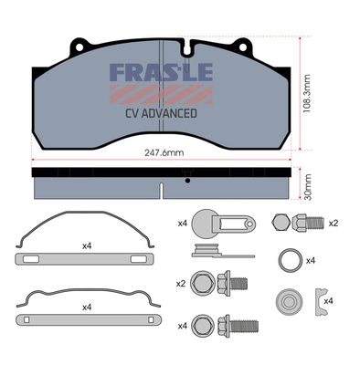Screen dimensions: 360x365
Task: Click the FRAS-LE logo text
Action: [x=161, y=72]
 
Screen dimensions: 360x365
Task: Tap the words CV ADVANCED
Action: [x=161, y=113]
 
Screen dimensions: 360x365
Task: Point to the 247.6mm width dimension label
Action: [x=164, y=152]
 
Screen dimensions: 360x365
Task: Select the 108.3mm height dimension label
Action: [x=307, y=94]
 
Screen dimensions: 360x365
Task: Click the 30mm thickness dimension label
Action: [x=308, y=187]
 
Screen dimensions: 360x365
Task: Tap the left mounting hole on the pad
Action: [x=79, y=47]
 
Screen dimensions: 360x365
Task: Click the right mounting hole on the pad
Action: [x=243, y=47]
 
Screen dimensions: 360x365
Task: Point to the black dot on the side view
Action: [x=187, y=181]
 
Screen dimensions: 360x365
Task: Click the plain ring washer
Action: [x=291, y=260]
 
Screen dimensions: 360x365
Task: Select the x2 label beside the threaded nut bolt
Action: [x=334, y=224]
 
